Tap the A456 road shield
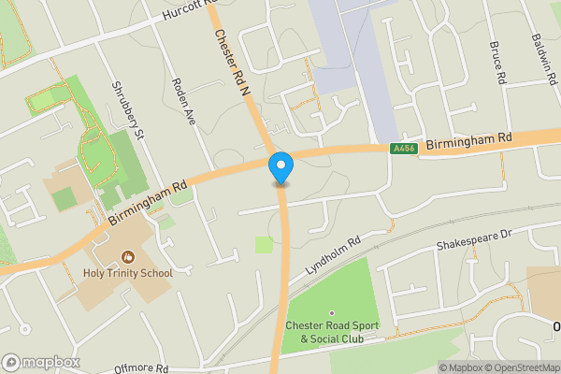coord(403,148)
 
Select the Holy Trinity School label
coord(127,273)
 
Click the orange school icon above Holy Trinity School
coord(127,256)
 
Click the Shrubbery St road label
coord(125,111)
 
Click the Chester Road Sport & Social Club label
coord(331,333)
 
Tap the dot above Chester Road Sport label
coord(331,313)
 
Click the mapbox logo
coord(41,362)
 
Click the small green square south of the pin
coord(265,245)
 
